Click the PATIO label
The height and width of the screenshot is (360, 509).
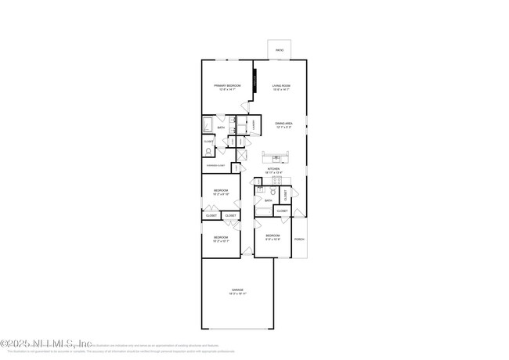point(280,51)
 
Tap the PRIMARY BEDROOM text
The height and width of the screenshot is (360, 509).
point(229,85)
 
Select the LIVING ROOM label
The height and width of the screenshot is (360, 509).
point(281,85)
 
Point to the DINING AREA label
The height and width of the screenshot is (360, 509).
point(283,123)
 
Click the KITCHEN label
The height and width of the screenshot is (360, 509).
point(273,168)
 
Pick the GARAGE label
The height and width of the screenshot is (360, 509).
point(236,290)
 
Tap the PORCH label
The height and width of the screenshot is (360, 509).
point(298,239)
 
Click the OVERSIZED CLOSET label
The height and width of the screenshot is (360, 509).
point(216,166)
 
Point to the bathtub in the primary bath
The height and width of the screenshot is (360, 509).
point(208,125)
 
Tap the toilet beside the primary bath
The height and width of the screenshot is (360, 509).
point(208,151)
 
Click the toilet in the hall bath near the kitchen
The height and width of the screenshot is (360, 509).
point(273,193)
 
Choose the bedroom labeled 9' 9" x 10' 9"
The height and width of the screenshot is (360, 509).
point(273,239)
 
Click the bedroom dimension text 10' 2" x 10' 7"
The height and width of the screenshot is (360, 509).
point(221,240)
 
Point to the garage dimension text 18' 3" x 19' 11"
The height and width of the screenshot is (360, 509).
point(236,293)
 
